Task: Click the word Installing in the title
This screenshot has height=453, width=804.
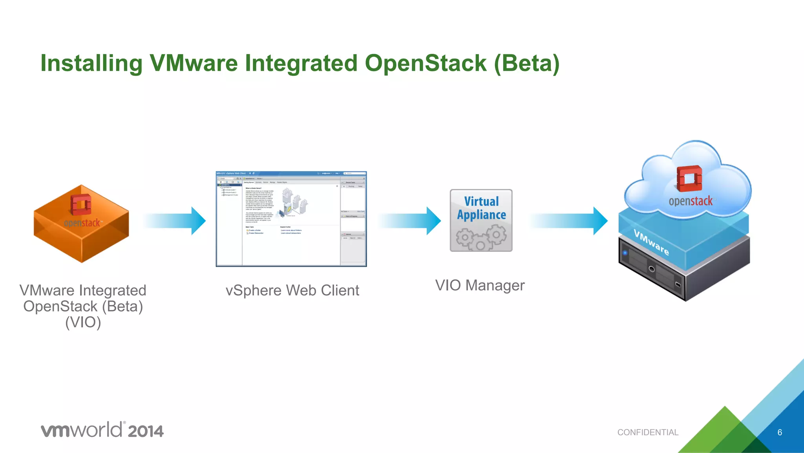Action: point(91,64)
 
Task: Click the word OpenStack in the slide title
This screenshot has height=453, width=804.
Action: point(426,64)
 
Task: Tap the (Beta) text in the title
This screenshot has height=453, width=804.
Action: point(526,64)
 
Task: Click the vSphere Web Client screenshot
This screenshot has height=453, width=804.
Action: point(291,219)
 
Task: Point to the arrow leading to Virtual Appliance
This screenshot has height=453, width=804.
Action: point(410,221)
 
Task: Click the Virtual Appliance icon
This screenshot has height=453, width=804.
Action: point(481,220)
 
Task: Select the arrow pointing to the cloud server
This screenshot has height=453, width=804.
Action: point(569,221)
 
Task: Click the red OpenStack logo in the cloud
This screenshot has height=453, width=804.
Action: point(689,179)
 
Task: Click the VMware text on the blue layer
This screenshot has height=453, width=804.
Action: point(651,242)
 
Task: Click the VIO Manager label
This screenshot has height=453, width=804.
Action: point(480,286)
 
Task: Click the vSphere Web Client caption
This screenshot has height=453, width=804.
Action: point(292,291)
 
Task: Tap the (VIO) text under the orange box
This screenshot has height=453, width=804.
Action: point(83,323)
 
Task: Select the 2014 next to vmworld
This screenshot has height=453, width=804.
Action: point(145,431)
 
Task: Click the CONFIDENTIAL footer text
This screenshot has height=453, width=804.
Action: point(647,433)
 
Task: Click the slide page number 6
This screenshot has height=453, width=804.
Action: point(779,433)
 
